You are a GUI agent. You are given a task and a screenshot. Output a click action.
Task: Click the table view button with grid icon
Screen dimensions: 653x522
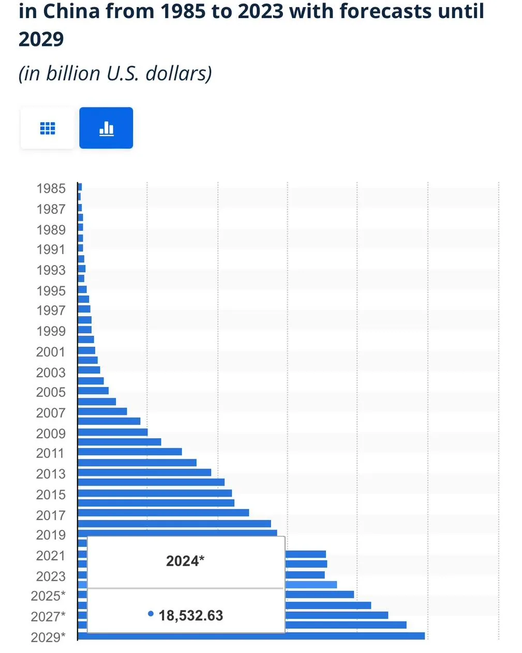(x=48, y=128)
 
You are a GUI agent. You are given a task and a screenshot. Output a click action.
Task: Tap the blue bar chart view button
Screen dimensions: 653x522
(x=106, y=128)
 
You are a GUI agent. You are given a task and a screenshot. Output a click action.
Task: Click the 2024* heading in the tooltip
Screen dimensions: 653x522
(x=185, y=561)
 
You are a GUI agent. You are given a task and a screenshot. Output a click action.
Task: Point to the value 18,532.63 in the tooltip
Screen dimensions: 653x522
(x=191, y=615)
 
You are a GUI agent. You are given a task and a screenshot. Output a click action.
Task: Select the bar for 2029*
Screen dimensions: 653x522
(x=251, y=636)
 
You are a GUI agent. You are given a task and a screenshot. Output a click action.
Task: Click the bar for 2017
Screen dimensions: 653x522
(x=163, y=512)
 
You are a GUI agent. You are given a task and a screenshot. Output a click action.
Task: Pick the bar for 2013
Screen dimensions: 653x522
(x=144, y=472)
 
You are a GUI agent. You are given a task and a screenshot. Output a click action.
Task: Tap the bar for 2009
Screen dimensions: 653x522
(x=112, y=432)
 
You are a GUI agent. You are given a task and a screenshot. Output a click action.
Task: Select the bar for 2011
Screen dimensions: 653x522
(x=129, y=452)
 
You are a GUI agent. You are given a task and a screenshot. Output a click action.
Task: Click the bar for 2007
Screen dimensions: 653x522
(x=102, y=411)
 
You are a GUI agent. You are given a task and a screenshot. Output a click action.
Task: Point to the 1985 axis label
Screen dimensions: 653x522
(x=51, y=189)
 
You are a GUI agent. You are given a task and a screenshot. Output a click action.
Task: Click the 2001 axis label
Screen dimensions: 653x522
(x=51, y=352)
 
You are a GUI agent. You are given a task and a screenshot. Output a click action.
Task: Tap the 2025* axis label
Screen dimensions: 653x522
(x=48, y=596)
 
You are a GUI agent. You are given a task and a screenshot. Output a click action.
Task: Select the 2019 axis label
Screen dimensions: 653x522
(x=51, y=535)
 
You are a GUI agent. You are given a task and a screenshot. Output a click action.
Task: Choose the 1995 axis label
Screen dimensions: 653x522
(x=51, y=291)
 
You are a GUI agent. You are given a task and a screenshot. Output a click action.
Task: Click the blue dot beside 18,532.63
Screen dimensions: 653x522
(x=151, y=614)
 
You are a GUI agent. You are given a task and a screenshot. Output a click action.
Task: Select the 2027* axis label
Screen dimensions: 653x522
(x=48, y=616)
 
